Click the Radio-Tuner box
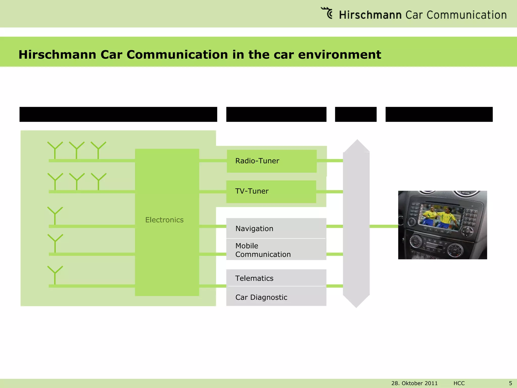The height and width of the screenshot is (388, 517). click(272, 161)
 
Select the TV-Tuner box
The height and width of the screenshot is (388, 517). click(271, 191)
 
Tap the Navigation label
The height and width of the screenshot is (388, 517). click(254, 229)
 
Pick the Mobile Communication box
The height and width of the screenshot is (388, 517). click(276, 250)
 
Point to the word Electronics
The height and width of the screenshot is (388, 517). click(164, 220)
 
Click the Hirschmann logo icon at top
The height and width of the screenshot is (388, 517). click(327, 13)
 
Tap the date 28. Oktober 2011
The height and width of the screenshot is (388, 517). click(414, 383)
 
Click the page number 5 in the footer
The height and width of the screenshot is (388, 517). click(510, 383)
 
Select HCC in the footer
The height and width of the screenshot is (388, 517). click(459, 383)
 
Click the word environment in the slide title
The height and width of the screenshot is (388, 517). click(339, 55)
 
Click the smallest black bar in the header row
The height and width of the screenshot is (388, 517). click(355, 114)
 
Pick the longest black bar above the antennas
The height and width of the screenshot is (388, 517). click(118, 114)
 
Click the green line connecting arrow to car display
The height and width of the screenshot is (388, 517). click(384, 226)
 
